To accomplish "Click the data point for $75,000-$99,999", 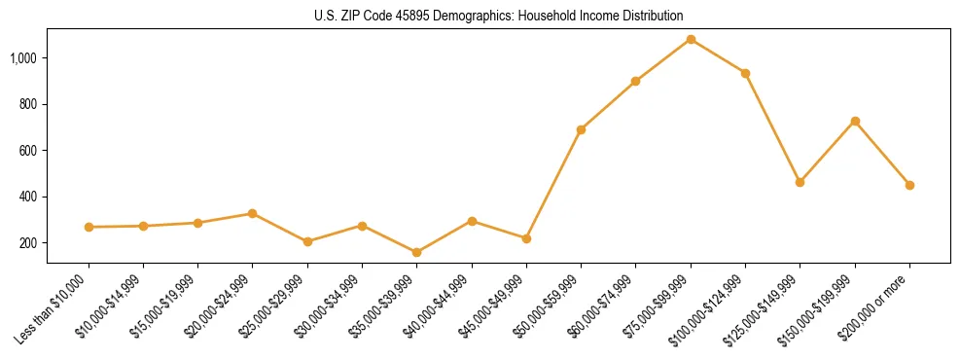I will [691, 39].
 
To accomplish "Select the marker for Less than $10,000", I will [89, 227].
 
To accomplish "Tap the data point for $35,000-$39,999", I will [417, 252].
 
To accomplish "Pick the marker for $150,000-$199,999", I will [855, 121].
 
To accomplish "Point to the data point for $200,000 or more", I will [909, 185].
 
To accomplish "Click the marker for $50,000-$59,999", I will [581, 129].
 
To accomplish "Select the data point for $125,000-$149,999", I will [800, 182].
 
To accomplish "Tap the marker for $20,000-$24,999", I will [253, 213].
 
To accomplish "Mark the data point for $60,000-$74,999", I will [635, 81].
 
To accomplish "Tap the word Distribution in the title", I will [653, 17].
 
